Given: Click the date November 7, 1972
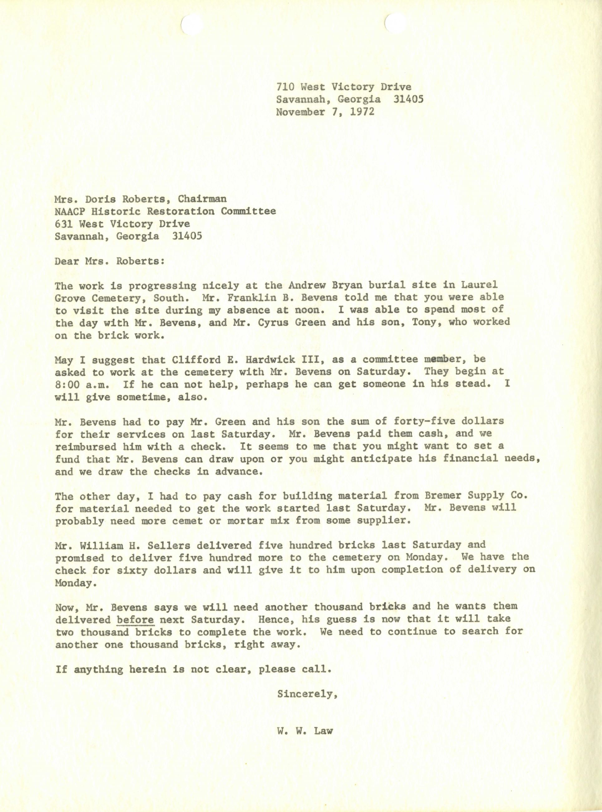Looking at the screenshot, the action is pyautogui.click(x=325, y=111).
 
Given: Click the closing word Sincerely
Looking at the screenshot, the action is pyautogui.click(x=306, y=694).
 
